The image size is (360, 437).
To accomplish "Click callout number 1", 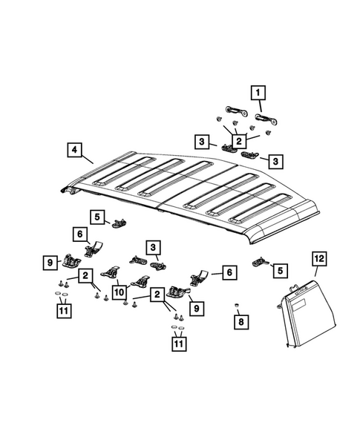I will pyautogui.click(x=259, y=93).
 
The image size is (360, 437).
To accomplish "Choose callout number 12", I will pyautogui.click(x=318, y=259).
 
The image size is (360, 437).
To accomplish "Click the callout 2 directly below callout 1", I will pyautogui.click(x=239, y=139).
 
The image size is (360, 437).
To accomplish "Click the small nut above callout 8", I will pyautogui.click(x=236, y=305).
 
